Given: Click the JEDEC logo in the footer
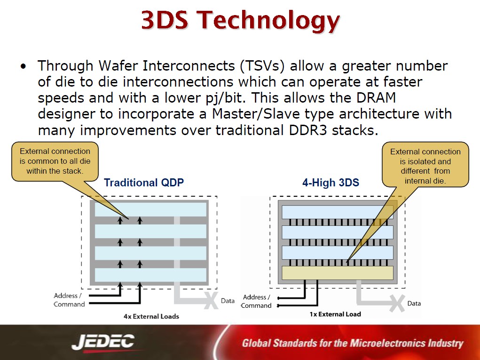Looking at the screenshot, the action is tap(103, 342).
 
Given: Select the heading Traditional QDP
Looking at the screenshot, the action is tap(144, 183).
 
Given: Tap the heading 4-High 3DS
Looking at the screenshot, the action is tap(330, 183).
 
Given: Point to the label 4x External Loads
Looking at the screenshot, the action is tap(151, 317).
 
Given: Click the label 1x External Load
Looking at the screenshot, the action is tap(335, 314).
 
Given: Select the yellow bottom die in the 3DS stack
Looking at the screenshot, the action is tap(338, 272).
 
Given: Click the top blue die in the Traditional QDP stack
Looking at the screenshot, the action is tap(150, 209).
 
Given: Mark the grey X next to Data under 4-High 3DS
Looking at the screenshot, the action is tap(397, 304).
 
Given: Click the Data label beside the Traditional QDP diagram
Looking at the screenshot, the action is tap(228, 301).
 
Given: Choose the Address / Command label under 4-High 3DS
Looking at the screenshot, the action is tap(257, 301).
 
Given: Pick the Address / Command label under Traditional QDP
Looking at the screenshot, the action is tap(69, 300).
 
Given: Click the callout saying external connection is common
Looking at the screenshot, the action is tap(55, 161).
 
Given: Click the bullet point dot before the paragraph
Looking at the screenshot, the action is tap(24, 66).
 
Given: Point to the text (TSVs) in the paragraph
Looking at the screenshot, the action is tap(262, 66).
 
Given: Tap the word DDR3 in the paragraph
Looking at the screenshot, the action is tap(307, 130).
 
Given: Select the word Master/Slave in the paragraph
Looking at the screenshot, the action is tap(256, 114).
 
